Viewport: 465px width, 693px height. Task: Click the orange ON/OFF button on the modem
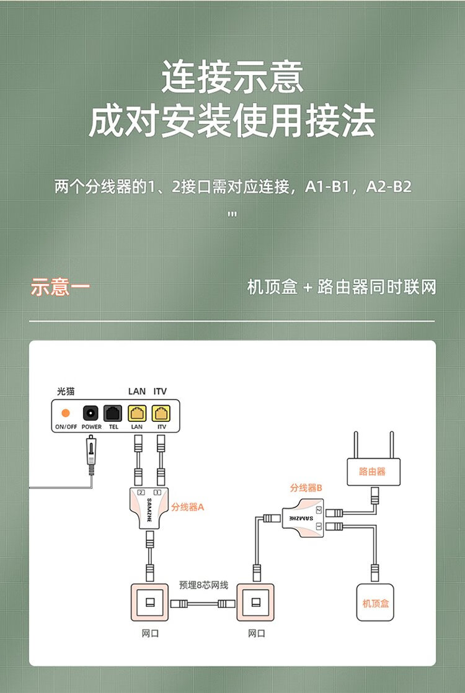coord(65,413)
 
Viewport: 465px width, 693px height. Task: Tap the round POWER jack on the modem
coord(91,413)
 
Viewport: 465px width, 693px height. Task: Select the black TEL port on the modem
coord(113,413)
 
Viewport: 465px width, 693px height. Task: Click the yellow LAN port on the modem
coord(137,413)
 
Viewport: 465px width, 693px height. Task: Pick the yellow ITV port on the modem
coord(161,413)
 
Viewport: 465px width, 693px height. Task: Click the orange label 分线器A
coord(188,507)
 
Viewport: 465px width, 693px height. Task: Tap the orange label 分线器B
coord(306,488)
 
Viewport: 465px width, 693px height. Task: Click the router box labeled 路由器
coord(374,472)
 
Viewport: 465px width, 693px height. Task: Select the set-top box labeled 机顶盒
coord(375,602)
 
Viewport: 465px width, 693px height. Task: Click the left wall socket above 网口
coord(149,602)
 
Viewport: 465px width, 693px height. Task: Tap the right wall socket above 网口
coord(255,602)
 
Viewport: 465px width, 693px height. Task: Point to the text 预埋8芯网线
coord(203,584)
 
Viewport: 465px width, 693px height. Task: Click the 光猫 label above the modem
coord(66,391)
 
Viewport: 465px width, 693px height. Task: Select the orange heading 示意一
coord(60,287)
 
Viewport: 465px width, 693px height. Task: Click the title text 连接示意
coord(232,76)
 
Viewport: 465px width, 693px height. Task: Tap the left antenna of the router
coord(356,445)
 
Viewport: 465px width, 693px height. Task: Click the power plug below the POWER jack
coord(91,455)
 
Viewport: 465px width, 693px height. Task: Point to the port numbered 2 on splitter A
coord(141,492)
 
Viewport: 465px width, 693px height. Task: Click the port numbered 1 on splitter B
coord(319,526)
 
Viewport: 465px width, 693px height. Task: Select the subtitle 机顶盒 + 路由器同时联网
coord(342,287)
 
